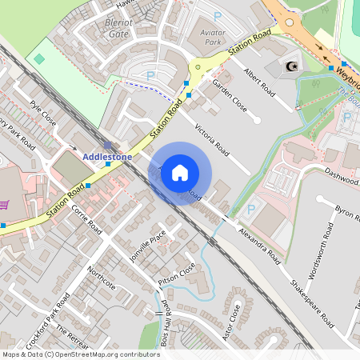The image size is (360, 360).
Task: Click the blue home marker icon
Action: tap(180, 172)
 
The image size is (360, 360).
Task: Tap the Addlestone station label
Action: tap(107, 157)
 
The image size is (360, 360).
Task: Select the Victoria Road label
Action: tap(211, 140)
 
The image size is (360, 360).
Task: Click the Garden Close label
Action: tap(229, 94)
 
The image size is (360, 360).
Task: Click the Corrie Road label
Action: tap(86, 220)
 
